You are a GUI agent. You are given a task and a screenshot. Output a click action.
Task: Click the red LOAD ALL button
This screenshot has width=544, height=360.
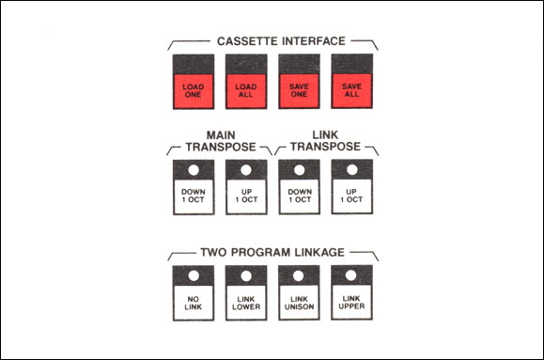(246, 90)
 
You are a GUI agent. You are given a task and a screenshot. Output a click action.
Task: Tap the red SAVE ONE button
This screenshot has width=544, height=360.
(299, 90)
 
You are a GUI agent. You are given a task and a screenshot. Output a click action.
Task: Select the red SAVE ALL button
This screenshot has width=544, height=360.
(351, 90)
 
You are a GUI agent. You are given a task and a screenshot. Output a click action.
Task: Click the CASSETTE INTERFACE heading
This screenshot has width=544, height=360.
(281, 41)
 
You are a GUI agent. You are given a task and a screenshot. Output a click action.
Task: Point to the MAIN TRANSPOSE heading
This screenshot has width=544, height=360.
(221, 141)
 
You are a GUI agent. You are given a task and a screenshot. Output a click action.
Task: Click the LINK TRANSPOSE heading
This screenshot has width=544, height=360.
(325, 141)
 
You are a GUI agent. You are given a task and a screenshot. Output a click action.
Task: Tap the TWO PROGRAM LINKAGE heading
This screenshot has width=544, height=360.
(272, 252)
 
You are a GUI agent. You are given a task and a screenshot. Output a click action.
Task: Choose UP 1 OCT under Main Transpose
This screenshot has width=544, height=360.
(246, 196)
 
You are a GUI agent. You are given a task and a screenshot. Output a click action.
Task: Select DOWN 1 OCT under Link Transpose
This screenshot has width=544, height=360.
(299, 196)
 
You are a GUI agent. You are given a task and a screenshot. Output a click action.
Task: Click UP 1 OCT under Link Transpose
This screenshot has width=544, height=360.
(351, 196)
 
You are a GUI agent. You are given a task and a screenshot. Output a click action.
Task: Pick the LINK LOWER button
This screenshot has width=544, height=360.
(246, 303)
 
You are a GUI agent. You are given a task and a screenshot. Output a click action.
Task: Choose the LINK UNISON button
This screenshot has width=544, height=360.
(299, 303)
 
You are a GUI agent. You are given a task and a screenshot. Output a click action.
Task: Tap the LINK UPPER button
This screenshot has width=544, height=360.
(351, 302)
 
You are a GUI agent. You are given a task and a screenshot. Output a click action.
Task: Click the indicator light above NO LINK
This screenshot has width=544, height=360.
(194, 276)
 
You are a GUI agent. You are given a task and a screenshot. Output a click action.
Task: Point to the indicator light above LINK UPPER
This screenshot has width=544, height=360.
(350, 275)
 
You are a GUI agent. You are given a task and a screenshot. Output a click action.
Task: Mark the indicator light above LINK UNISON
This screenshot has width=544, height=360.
(299, 275)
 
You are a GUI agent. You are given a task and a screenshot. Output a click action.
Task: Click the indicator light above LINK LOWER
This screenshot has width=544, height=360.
(246, 276)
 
